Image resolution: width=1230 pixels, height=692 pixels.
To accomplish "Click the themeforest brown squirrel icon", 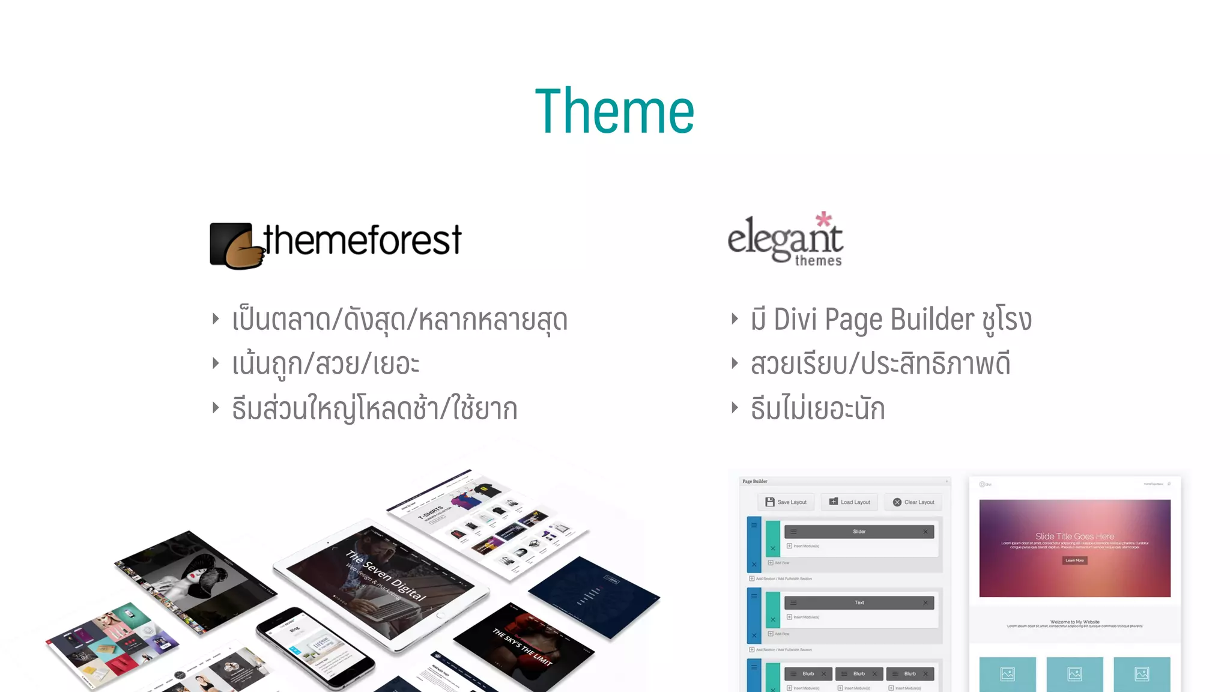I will (x=237, y=246).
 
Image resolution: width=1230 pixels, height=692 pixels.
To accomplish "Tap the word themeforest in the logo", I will (x=363, y=240).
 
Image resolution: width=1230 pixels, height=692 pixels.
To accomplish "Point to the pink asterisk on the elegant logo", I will (x=823, y=219).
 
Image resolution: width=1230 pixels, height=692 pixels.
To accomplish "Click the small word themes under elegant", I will (x=818, y=261).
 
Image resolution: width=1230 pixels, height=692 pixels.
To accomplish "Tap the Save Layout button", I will (x=786, y=502).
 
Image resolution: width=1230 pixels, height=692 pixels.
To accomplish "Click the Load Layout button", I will (x=850, y=502).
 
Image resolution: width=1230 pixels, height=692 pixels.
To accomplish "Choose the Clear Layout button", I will (x=913, y=502).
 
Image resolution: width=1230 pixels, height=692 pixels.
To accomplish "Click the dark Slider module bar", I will (x=859, y=532).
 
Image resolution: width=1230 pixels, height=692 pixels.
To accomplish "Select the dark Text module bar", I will (x=859, y=602).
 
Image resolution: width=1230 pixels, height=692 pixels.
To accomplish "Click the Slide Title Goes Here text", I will (x=1074, y=536).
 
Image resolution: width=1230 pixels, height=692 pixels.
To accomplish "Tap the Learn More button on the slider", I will (x=1074, y=560).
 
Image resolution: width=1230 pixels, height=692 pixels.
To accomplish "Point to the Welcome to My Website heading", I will (x=1074, y=622).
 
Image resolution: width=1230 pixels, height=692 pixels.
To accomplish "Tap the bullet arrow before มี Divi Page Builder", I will (x=735, y=318).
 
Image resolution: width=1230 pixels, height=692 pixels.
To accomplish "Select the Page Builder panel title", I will (x=755, y=481).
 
